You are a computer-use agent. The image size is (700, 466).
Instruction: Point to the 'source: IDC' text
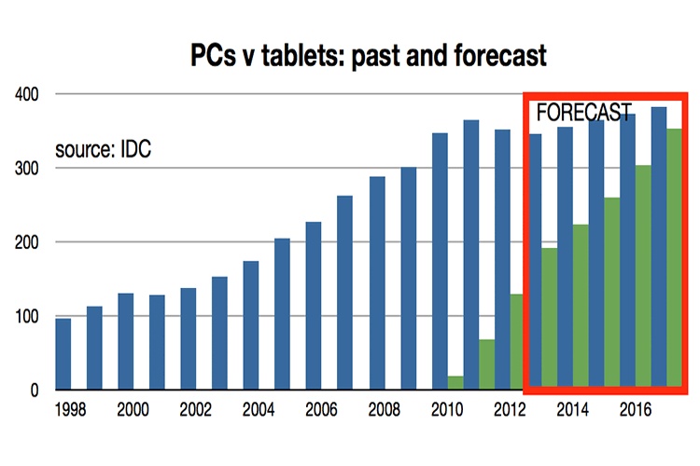(x=103, y=148)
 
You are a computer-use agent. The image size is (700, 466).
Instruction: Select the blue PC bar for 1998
(x=63, y=353)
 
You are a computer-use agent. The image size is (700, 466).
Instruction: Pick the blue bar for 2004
(x=251, y=322)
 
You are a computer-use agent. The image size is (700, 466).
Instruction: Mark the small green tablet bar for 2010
(x=455, y=382)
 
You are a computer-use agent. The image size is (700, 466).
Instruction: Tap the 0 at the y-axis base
(x=33, y=391)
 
